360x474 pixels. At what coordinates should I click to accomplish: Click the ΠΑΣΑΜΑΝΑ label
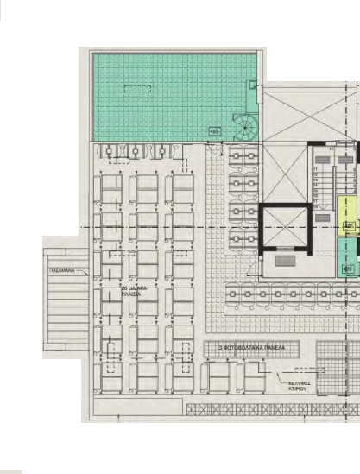(60, 270)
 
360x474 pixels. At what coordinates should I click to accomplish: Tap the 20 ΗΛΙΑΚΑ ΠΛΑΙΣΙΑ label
(131, 290)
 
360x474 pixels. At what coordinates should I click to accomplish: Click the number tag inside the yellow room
(349, 225)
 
